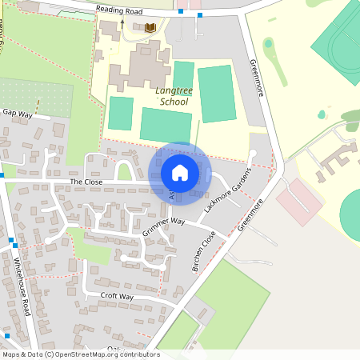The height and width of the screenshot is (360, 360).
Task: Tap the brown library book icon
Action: point(150,28)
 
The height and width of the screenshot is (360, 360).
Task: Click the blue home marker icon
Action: point(180,173)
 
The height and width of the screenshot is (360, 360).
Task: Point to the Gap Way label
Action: point(17,114)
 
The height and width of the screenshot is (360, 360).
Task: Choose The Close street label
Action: point(87,182)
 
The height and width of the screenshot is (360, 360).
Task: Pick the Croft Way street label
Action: point(117,296)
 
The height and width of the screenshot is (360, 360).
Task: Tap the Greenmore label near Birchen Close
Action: point(252,214)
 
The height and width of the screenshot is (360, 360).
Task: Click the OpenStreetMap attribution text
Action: point(80,354)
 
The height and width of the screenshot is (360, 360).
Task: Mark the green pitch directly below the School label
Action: point(166,124)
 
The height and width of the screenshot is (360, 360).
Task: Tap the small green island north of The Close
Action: point(124,171)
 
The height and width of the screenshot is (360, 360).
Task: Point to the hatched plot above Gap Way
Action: point(36,96)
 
